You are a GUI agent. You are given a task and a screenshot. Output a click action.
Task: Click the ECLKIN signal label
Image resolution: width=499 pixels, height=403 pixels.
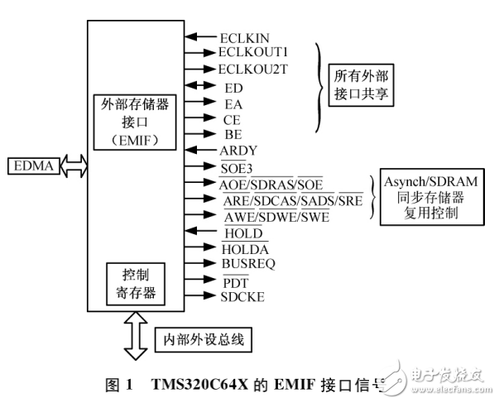[245, 36]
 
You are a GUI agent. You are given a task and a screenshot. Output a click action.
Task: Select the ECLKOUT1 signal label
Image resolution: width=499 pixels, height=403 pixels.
[253, 52]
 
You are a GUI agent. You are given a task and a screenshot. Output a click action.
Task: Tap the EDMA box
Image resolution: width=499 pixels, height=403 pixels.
[32, 167]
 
